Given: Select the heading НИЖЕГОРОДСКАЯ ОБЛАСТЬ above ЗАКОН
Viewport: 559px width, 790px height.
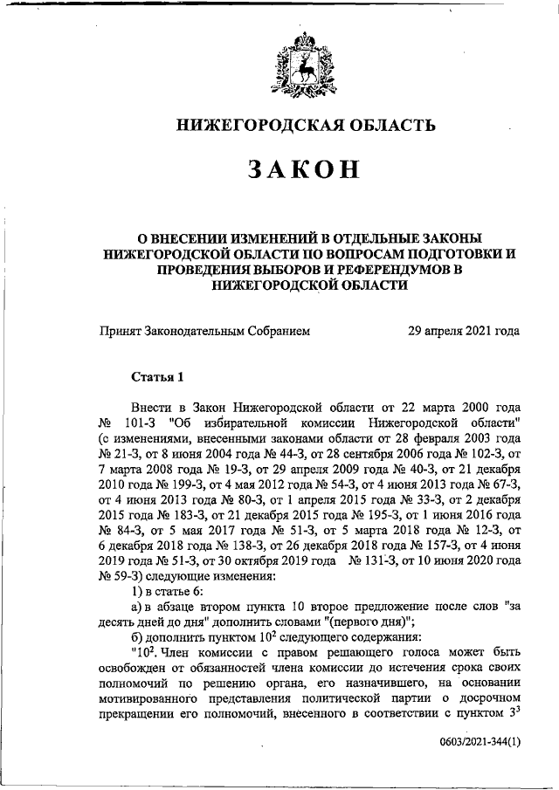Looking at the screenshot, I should [x=305, y=125].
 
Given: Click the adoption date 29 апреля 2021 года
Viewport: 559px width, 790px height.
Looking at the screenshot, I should [x=464, y=331].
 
